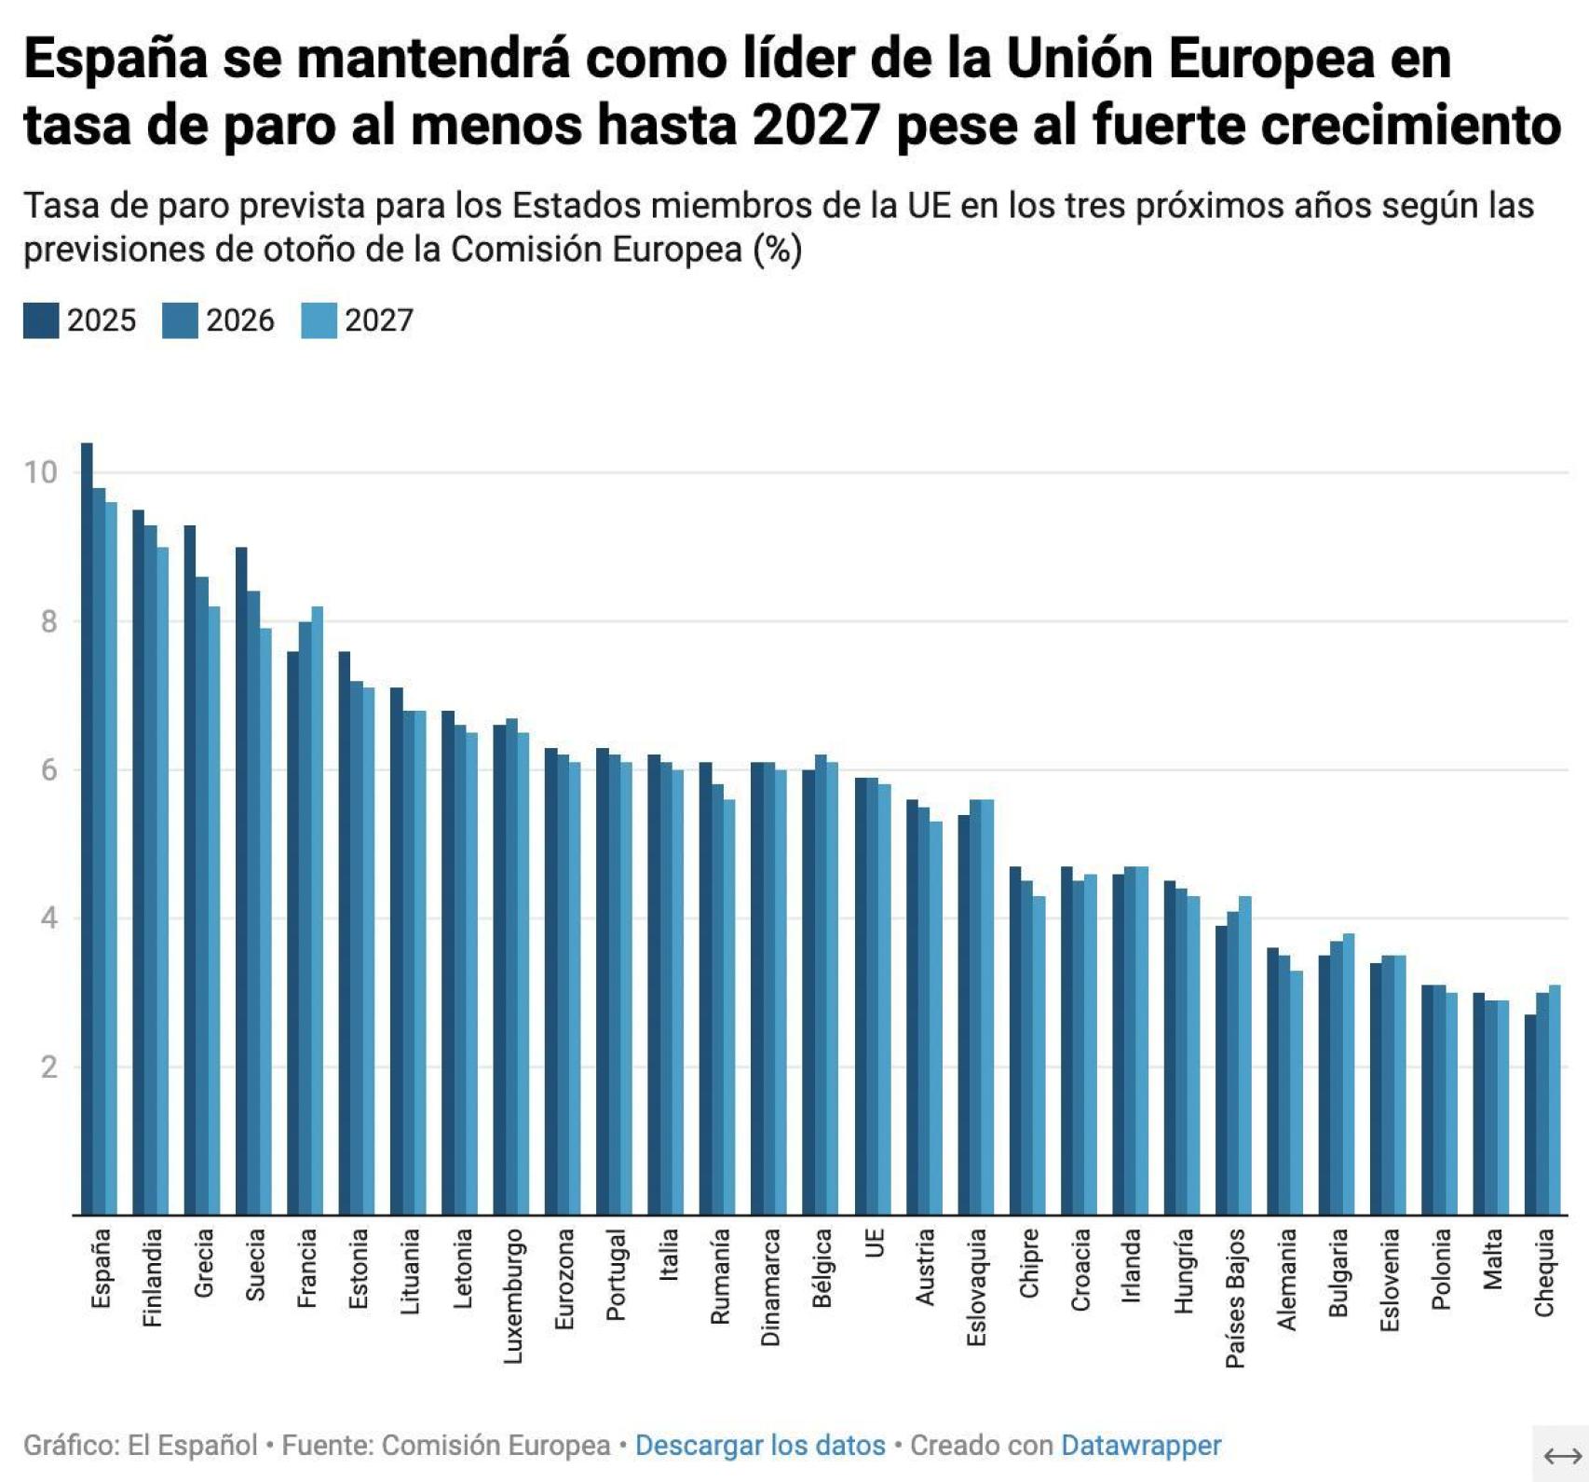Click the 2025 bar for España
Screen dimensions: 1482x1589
(87, 829)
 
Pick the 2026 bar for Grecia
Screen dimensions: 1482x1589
(202, 895)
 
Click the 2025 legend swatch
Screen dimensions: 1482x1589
(41, 320)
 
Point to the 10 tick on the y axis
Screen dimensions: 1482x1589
(42, 472)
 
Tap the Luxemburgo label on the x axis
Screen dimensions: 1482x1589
(513, 1296)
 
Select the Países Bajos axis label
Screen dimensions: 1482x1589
(1235, 1298)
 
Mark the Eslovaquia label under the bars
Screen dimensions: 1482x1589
(976, 1286)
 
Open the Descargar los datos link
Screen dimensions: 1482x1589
(760, 1445)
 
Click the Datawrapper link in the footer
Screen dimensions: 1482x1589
(1141, 1445)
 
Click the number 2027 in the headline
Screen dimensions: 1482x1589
(816, 126)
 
